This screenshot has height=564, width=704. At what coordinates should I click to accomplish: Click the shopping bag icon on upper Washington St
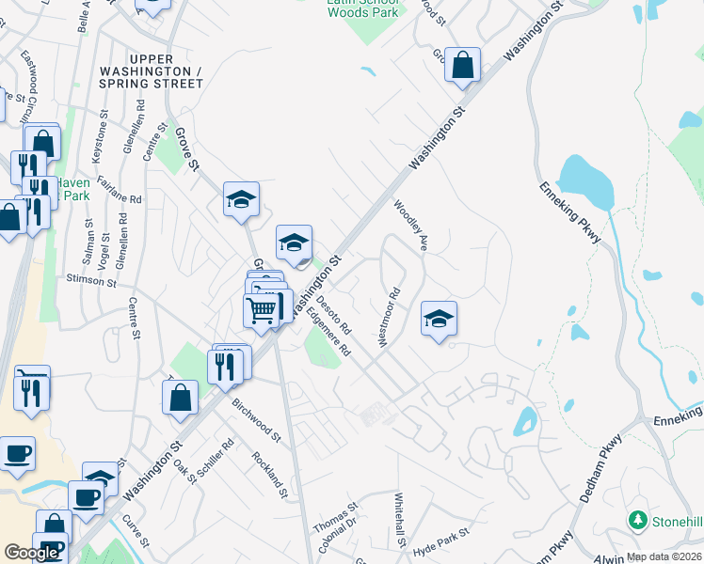pyautogui.click(x=462, y=66)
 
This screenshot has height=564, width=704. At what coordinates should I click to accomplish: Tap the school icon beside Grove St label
pyautogui.click(x=241, y=199)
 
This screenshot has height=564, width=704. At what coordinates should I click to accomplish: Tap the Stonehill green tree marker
pyautogui.click(x=637, y=520)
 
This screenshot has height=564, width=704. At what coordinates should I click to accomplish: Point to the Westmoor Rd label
pyautogui.click(x=389, y=318)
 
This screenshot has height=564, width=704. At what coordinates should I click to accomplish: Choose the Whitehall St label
pyautogui.click(x=399, y=521)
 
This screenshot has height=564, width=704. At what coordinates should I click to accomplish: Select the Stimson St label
pyautogui.click(x=91, y=280)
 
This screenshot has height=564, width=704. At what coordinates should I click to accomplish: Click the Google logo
pyautogui.click(x=32, y=553)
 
